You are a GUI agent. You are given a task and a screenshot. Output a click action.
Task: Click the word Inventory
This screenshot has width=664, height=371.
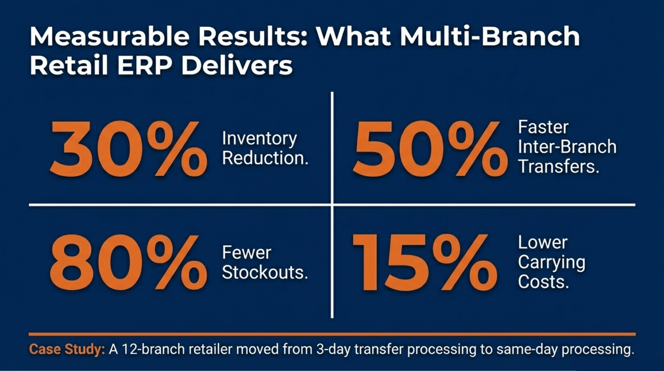tap(259, 139)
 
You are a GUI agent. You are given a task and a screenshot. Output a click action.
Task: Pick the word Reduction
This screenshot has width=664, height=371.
tap(265, 158)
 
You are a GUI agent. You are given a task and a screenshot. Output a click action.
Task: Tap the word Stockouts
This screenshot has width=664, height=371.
tap(265, 272)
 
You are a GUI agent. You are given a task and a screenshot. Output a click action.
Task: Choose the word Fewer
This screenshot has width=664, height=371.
tap(246, 253)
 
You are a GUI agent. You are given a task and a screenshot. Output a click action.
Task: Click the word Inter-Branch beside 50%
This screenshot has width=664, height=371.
tap(567, 147)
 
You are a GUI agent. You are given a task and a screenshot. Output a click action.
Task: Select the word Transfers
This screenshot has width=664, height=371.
tap(558, 167)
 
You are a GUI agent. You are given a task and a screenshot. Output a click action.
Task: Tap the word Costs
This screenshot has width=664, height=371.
tap(543, 282)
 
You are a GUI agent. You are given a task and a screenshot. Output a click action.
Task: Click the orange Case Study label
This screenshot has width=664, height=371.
tap(67, 350)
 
